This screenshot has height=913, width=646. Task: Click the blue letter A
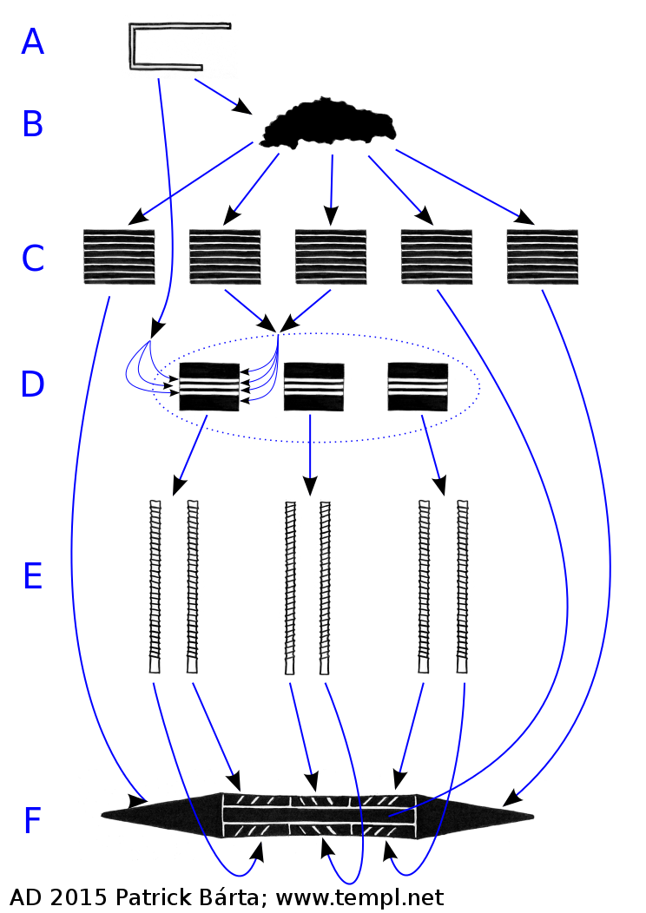pyautogui.click(x=32, y=42)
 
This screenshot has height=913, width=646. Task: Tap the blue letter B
pyautogui.click(x=32, y=124)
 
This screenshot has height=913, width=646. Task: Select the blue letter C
pyautogui.click(x=32, y=258)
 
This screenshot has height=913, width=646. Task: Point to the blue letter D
pyautogui.click(x=32, y=384)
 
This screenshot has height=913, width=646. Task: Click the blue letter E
pyautogui.click(x=32, y=575)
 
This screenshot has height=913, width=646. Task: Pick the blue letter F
pyautogui.click(x=32, y=820)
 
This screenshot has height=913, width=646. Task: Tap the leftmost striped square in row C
pyautogui.click(x=120, y=256)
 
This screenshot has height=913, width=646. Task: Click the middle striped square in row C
pyautogui.click(x=331, y=256)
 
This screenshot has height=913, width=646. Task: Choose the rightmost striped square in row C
pyautogui.click(x=543, y=256)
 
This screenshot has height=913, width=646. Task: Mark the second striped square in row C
pyautogui.click(x=225, y=256)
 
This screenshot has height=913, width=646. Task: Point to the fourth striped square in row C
pyautogui.click(x=437, y=256)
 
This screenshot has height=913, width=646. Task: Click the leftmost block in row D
pyautogui.click(x=208, y=385)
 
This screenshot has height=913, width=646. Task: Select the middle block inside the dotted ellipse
pyautogui.click(x=313, y=385)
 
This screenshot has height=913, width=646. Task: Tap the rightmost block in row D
pyautogui.click(x=418, y=385)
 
